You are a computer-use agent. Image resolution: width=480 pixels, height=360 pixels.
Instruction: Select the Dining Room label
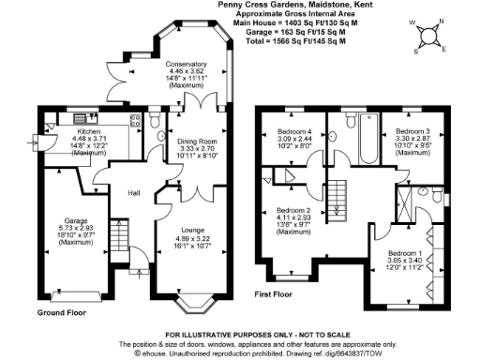pyautogui.click(x=197, y=141)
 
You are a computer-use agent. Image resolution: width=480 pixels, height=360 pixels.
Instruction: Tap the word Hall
pyautogui.click(x=133, y=194)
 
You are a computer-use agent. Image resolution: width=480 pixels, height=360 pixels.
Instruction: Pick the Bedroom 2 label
pyautogui.click(x=293, y=211)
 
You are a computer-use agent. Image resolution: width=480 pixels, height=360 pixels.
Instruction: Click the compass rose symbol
pyautogui.click(x=429, y=37)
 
